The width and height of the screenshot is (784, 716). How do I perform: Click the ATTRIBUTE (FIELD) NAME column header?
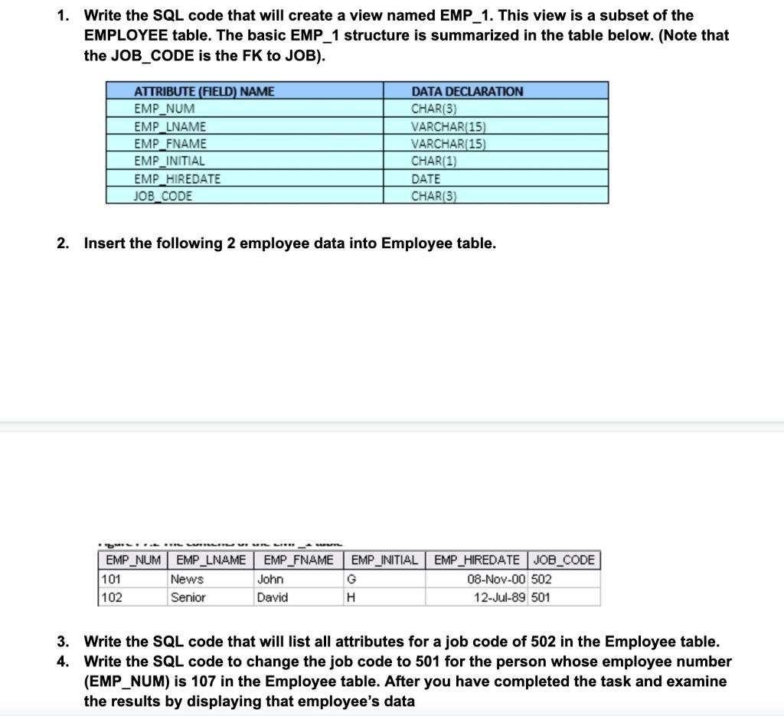[x=204, y=91]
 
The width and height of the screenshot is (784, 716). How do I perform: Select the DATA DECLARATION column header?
[x=467, y=91]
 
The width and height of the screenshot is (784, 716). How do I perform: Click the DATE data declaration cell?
[x=426, y=178]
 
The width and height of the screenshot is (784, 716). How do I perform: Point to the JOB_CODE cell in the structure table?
[x=163, y=196]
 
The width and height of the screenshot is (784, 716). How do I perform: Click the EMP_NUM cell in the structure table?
[x=165, y=109]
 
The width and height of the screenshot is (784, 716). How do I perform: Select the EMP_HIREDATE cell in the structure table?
[x=177, y=178]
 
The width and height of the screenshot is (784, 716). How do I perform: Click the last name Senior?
[x=188, y=597]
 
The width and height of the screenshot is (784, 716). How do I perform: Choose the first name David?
[x=273, y=597]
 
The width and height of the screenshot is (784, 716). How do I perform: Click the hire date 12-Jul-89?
[x=500, y=597]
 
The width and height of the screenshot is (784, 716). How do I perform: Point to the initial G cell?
[x=351, y=580]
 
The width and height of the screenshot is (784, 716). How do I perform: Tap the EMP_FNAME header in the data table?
[x=299, y=560]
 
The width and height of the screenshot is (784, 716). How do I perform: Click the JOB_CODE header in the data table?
[x=565, y=560]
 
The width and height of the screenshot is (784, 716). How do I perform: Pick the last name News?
[x=187, y=580]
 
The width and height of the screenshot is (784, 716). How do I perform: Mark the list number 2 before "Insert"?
[x=62, y=244]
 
